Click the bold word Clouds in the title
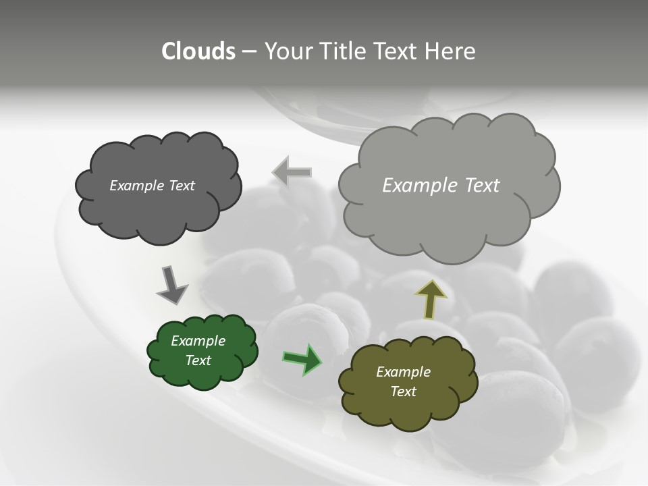click(x=198, y=51)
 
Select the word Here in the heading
click(x=450, y=51)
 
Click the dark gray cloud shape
click(x=159, y=209)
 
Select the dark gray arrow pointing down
click(x=171, y=284)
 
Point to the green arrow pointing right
click(x=302, y=358)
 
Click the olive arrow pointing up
click(x=430, y=299)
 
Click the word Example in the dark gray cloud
click(x=136, y=186)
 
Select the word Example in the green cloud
click(x=198, y=341)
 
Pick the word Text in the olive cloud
click(x=403, y=391)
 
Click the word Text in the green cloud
click(x=198, y=360)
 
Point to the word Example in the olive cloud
click(x=403, y=372)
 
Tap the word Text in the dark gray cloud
click(x=180, y=186)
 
